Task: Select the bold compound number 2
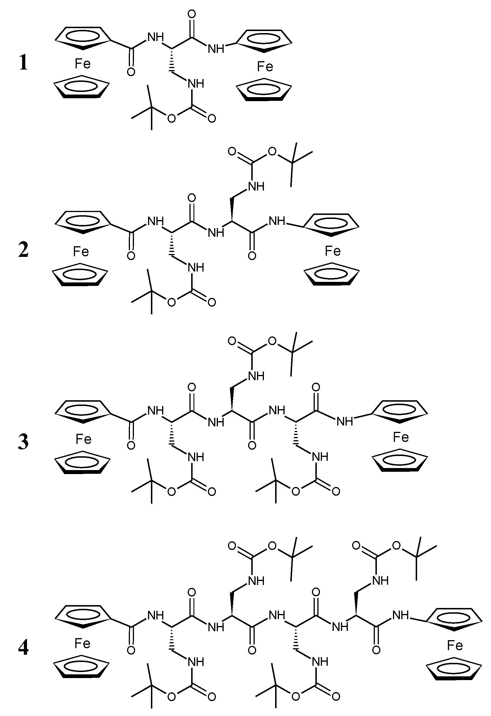tap(23, 250)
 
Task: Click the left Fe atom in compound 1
tap(83, 64)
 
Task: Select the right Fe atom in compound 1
tap(265, 67)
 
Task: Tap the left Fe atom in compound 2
tap(81, 252)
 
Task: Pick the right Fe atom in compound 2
tap(333, 251)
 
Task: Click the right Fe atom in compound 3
tap(401, 437)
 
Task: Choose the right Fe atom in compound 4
tap(455, 645)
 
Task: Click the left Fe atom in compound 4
tap(82, 644)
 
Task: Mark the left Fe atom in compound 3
tap(84, 439)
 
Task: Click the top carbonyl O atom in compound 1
tap(192, 14)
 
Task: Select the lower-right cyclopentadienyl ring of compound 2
tap(332, 274)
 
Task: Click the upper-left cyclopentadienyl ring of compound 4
tap(83, 617)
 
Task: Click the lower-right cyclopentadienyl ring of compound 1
tap(264, 89)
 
